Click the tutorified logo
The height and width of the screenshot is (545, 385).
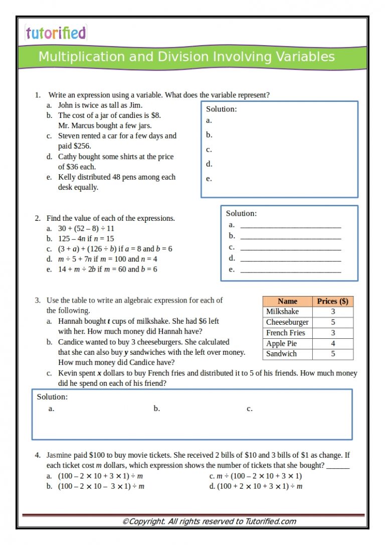coord(56,33)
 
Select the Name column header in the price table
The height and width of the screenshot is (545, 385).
coord(287,301)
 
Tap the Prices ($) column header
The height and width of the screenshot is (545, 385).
coord(332,301)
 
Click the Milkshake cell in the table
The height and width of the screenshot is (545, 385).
coord(282,312)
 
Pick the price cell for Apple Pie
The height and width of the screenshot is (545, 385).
coord(333,344)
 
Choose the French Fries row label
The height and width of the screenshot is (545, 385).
coord(285,333)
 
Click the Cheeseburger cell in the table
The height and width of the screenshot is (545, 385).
coord(287,322)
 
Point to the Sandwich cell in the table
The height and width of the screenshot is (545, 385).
coord(281,354)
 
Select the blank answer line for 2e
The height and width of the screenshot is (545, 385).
coord(290,271)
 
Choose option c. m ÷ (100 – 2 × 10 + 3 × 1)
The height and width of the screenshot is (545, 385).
coord(255,476)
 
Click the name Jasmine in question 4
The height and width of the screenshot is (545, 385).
coord(60,455)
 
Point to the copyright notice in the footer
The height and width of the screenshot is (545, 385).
coord(209,521)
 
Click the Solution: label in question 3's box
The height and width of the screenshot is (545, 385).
coord(52,397)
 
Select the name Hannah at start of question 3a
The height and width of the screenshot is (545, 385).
coord(70,321)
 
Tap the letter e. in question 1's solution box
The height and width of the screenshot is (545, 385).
coord(209,179)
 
